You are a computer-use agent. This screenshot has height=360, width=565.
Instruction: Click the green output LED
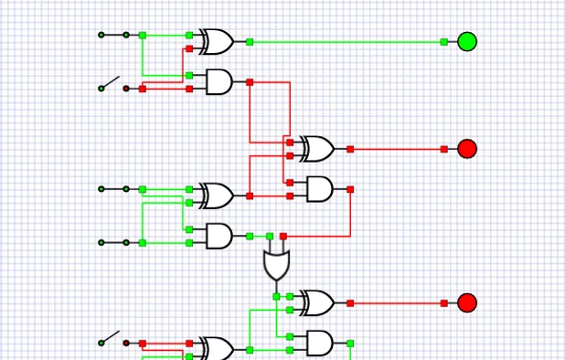click(466, 41)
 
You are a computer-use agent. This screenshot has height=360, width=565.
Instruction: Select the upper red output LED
click(466, 148)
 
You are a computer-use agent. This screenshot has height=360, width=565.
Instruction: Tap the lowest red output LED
click(466, 302)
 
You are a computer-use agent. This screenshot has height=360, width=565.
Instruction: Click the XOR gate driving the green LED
click(218, 41)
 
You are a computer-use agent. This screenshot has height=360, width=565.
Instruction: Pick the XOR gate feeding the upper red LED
click(317, 148)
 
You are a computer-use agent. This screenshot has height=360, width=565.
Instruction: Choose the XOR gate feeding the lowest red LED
click(317, 302)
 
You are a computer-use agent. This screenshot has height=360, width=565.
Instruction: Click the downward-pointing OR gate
click(275, 264)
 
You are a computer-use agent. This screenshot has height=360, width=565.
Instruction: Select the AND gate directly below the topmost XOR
click(219, 82)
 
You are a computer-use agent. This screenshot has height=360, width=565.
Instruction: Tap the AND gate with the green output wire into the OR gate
click(219, 236)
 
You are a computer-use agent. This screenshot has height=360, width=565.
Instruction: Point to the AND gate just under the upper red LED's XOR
click(318, 189)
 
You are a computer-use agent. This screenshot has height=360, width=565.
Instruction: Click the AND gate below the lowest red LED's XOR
click(318, 343)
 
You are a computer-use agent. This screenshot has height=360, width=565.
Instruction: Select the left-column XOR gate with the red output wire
click(218, 196)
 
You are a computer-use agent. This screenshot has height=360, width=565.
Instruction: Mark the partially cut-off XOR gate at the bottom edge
click(218, 349)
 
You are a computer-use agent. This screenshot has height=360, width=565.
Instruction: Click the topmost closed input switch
click(114, 35)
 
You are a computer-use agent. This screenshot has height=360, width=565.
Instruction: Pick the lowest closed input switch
click(114, 242)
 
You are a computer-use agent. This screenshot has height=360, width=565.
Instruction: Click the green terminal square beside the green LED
click(444, 42)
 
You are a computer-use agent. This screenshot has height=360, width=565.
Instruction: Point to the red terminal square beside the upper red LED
click(444, 149)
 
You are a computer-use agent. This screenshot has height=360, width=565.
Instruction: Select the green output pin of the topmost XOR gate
click(250, 42)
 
